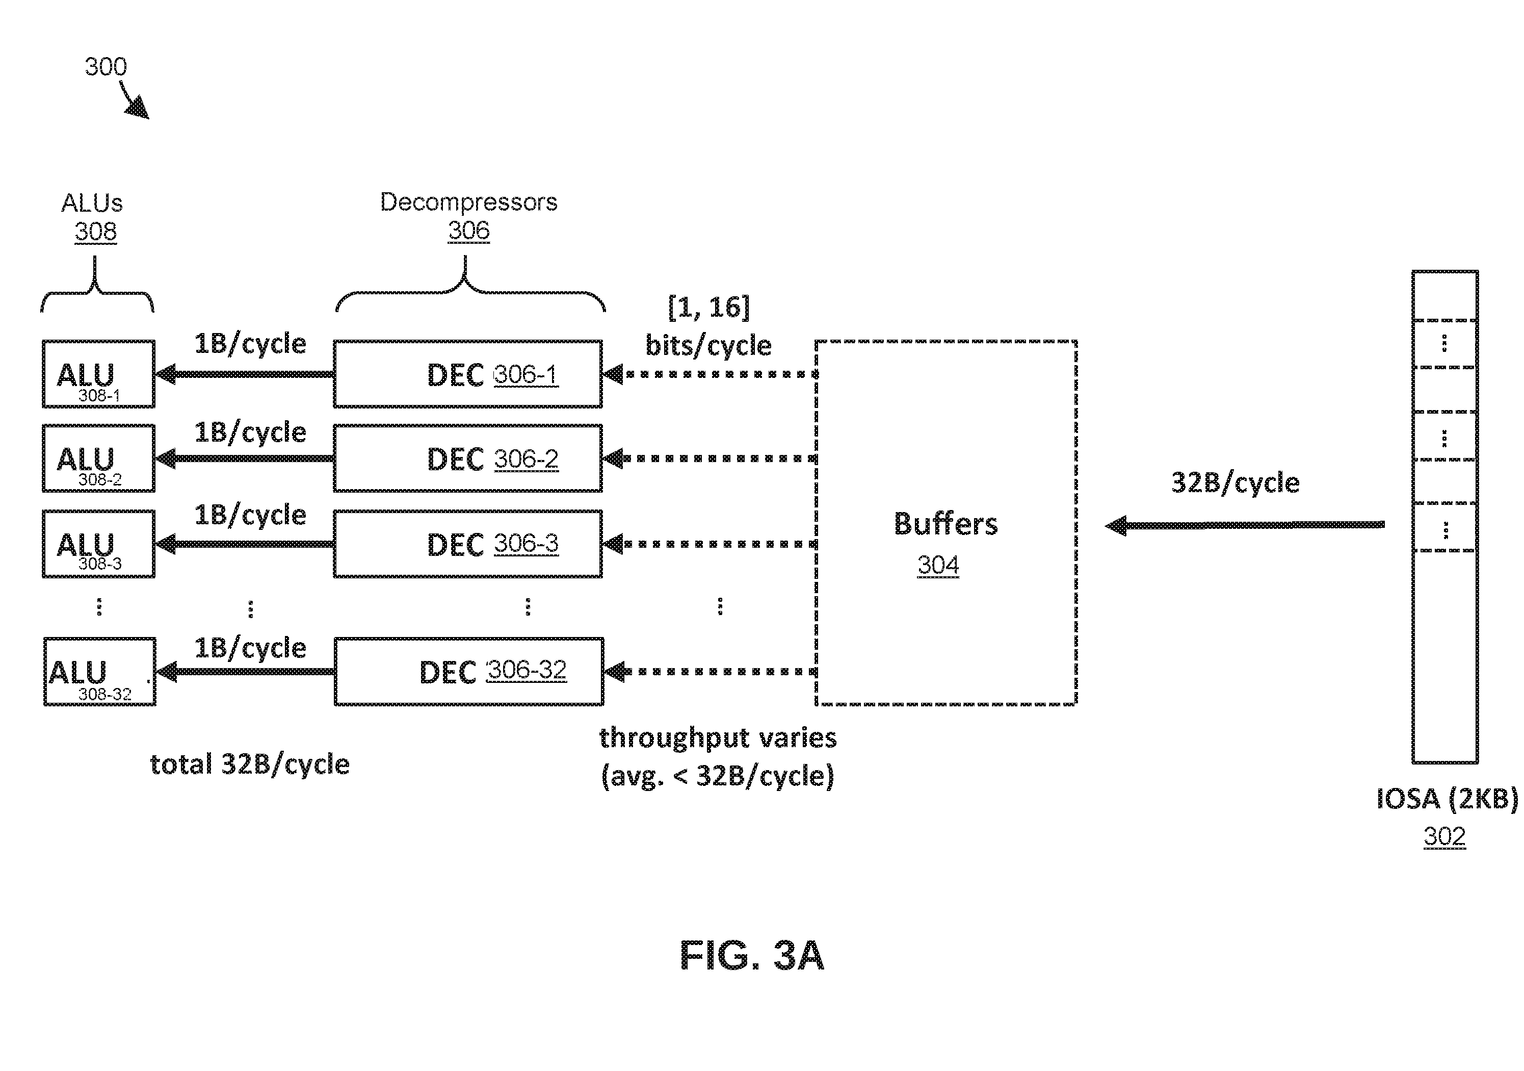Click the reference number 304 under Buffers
[x=938, y=565]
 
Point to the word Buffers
[x=945, y=523]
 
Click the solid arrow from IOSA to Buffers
[x=1245, y=525]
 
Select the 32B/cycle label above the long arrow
[x=1234, y=482]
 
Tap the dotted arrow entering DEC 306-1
[x=710, y=374]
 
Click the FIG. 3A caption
[x=752, y=955]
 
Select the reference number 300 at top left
[x=106, y=66]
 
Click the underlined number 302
[x=1444, y=836]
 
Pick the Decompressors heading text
[x=468, y=202]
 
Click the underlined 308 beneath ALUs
[x=96, y=232]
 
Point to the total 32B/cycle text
[x=250, y=764]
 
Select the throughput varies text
[x=718, y=737]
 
